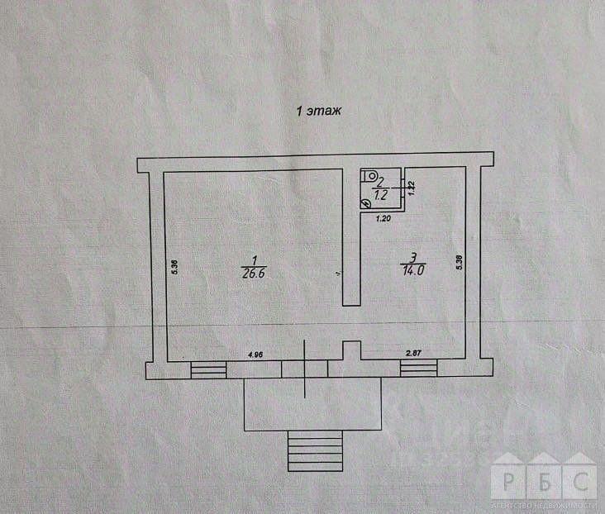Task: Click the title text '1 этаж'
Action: coord(319,109)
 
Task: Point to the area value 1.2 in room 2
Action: coord(381,197)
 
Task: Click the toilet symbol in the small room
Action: coord(371,177)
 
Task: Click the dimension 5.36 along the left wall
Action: coord(174,269)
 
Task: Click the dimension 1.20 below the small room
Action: coord(383,219)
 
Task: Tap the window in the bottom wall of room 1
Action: coord(207,370)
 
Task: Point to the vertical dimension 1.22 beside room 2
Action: coord(411,186)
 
